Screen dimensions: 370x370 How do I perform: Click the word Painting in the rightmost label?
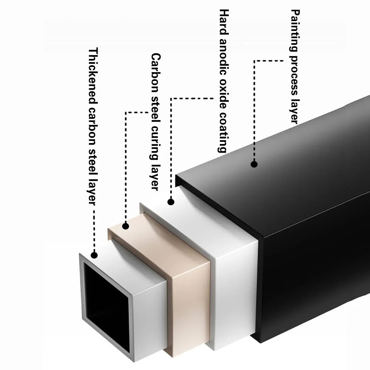(x=295, y=31)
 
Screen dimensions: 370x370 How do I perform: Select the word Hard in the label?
(x=224, y=22)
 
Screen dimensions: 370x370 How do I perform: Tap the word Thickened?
(x=93, y=75)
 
